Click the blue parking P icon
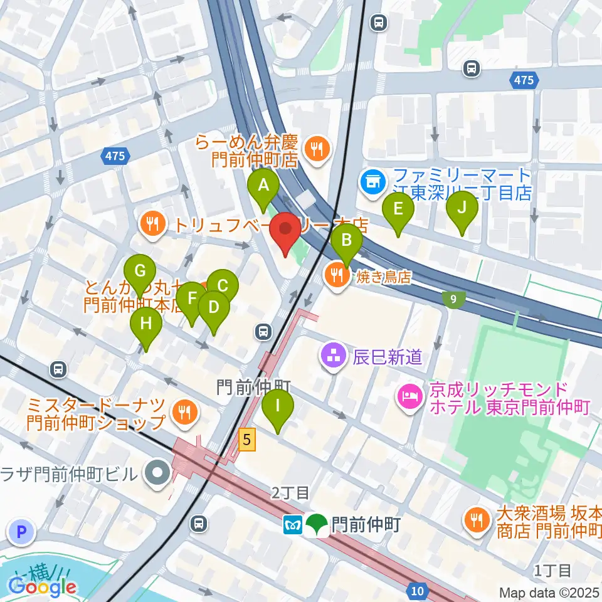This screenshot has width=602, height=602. coord(21,532)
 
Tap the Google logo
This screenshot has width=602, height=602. coord(43,587)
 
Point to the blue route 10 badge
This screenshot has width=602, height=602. coord(418,590)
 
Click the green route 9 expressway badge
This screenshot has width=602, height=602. coord(453,300)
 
